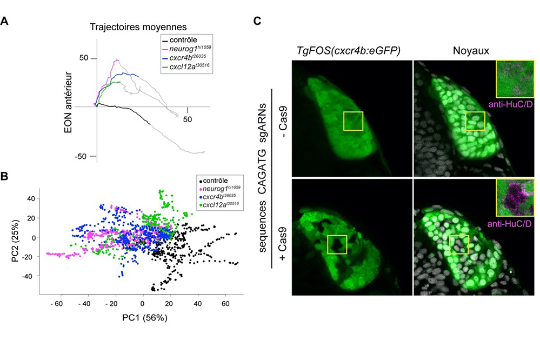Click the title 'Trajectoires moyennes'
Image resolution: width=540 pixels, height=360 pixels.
(x=138, y=27)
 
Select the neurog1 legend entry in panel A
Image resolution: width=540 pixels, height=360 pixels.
(x=186, y=49)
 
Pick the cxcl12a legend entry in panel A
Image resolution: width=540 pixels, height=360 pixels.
(x=185, y=66)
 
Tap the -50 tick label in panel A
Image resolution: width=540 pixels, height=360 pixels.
(x=81, y=156)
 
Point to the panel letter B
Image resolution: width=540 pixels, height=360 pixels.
(x=4, y=176)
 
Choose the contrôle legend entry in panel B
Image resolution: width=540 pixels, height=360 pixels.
(x=213, y=181)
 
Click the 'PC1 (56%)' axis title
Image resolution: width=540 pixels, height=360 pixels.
(x=145, y=318)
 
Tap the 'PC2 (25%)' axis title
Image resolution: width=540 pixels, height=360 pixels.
(x=15, y=241)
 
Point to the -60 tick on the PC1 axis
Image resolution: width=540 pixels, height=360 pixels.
(x=56, y=304)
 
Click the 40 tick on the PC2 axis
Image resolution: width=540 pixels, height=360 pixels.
(x=31, y=198)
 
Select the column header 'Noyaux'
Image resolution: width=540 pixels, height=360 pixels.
(x=471, y=51)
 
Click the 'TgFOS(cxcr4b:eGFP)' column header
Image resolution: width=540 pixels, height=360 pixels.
(x=348, y=51)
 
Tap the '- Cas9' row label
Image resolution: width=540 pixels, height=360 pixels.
(x=283, y=124)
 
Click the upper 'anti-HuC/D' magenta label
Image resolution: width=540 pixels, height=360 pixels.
(x=510, y=104)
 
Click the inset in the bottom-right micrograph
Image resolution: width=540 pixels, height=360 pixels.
(x=515, y=198)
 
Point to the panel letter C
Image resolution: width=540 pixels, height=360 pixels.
(x=257, y=21)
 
